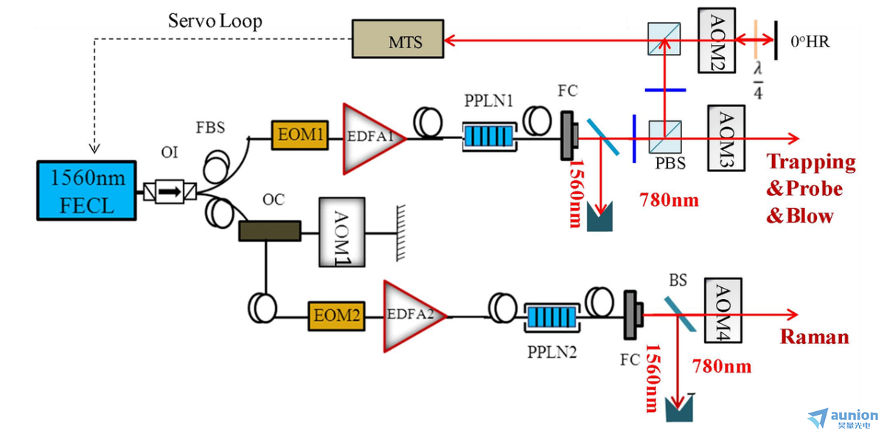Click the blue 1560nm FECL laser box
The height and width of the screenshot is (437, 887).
pos(87,190)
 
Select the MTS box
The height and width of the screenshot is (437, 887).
pos(397,39)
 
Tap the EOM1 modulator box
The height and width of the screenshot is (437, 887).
pos(300,135)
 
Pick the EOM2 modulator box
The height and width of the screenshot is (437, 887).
pos(336,316)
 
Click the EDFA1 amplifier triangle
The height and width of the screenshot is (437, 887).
pos(372,139)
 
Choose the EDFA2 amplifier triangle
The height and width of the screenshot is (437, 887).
pos(413,316)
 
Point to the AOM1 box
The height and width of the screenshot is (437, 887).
pos(342,232)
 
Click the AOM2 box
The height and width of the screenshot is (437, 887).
pos(717,41)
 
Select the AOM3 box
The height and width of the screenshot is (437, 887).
pos(726,138)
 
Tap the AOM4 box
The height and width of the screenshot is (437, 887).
pos(723,311)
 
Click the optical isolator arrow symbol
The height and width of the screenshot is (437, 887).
pos(170,192)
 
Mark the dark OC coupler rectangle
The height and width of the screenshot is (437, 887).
pos(270,231)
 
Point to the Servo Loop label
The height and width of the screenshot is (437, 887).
pos(215,21)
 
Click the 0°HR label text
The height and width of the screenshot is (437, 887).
pos(810,41)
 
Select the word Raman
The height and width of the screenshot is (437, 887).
pos(815,337)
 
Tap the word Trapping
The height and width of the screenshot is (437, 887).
pos(811,162)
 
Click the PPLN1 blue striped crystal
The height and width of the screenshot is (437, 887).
pos(490,137)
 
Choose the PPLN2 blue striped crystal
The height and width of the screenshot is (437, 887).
pos(552,317)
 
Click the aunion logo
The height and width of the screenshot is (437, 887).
pos(843,419)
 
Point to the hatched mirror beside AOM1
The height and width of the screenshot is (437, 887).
pos(400,233)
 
